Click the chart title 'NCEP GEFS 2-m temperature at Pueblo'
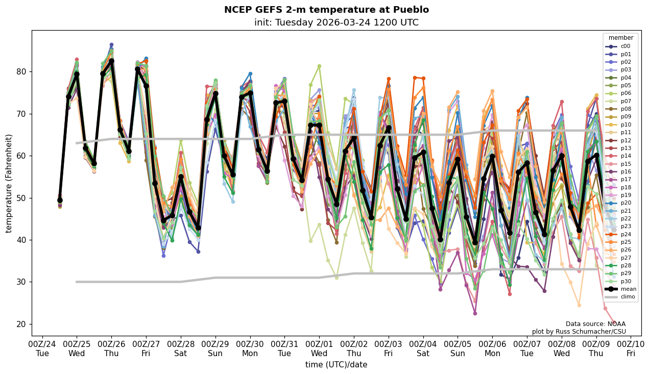coord(326,10)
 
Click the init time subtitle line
coord(336,22)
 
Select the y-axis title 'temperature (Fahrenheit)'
coord(9,183)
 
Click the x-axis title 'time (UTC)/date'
coord(336,365)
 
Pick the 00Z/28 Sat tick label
coord(181,348)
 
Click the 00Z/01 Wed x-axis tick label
coord(319,348)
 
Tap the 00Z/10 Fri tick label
coord(631,348)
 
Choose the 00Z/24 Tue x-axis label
coord(42,348)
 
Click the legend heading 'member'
coord(620,38)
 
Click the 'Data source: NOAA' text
coord(595,324)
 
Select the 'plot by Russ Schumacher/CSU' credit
coord(579,332)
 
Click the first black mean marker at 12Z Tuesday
coord(60,201)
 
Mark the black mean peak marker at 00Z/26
coord(111,61)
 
